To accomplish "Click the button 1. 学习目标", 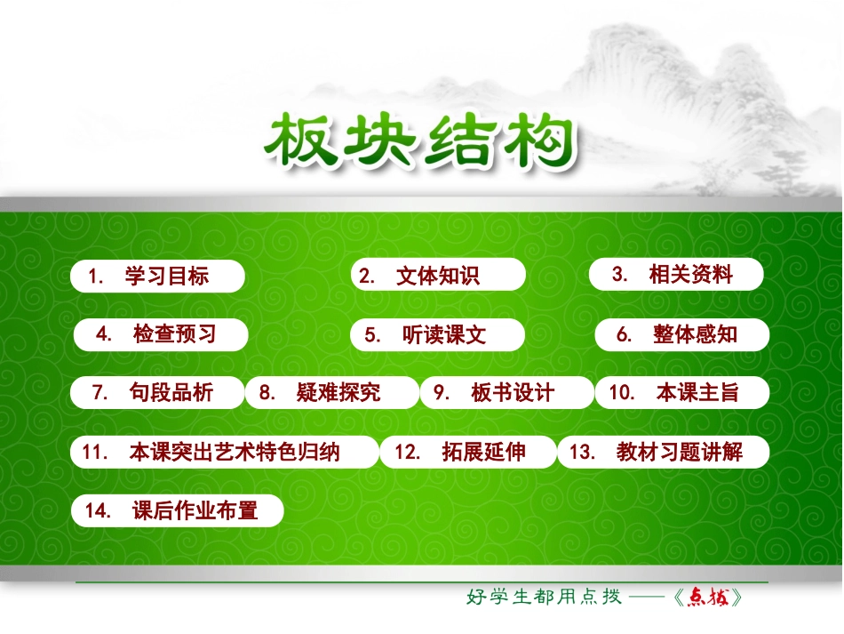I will point(157,277).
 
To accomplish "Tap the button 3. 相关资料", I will point(676,275).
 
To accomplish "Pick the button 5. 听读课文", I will point(437,334).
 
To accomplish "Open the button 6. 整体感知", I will point(681,334).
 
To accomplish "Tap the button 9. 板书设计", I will point(505,392).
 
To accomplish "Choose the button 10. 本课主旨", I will point(681,392).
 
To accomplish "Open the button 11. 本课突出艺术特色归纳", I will point(224,452).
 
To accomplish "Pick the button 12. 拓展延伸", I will point(467,452).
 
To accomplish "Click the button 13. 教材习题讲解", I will point(663,452).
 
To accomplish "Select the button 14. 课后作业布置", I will point(178,510).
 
